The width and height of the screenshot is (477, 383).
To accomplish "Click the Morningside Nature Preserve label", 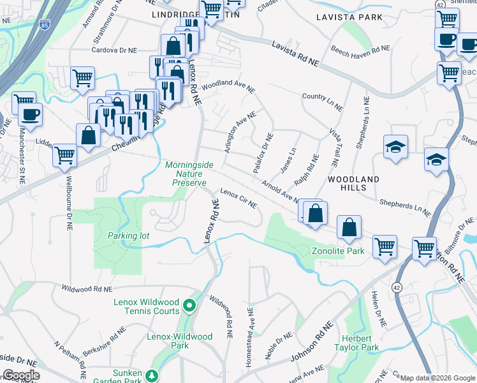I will pyautogui.click(x=186, y=174).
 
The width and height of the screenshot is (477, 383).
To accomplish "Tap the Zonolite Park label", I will pyautogui.click(x=338, y=251).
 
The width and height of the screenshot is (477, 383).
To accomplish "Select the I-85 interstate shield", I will pyautogui.click(x=44, y=25).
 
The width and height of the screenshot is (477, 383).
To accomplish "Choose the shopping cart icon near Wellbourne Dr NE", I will pyautogui.click(x=65, y=154).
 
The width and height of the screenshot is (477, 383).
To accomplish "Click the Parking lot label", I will pyautogui.click(x=128, y=236).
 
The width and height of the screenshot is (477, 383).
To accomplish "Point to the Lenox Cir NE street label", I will pyautogui.click(x=238, y=198).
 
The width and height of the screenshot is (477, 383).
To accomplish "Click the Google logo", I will pyautogui.click(x=21, y=375).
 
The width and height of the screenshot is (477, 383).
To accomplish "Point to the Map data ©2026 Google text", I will pyautogui.click(x=437, y=378).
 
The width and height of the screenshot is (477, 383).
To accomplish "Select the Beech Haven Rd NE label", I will pyautogui.click(x=360, y=49).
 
